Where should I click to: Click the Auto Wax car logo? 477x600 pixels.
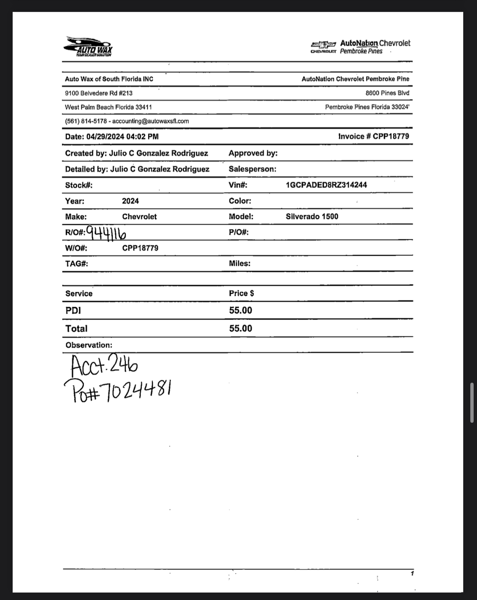(88, 46)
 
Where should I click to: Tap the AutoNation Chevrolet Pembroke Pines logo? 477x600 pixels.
(360, 47)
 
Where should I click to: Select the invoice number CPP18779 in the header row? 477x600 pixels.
(391, 136)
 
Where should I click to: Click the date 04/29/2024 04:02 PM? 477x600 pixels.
(123, 137)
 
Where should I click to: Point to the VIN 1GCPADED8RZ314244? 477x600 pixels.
(326, 185)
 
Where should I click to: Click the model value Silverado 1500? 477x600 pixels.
(312, 217)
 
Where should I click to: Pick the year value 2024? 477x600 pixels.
(130, 201)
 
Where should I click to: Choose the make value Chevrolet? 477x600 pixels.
(139, 217)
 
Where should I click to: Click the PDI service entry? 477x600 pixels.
(73, 311)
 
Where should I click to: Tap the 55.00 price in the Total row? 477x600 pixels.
(240, 328)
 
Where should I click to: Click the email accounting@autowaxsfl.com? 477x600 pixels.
(150, 121)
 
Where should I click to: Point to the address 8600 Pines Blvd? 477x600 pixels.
(387, 93)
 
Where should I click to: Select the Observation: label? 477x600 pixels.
(89, 345)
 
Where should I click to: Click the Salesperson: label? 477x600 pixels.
(252, 169)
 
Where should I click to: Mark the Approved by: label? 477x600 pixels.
(253, 153)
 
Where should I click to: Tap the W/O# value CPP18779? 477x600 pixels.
(140, 248)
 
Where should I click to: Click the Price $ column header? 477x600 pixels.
(241, 293)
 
